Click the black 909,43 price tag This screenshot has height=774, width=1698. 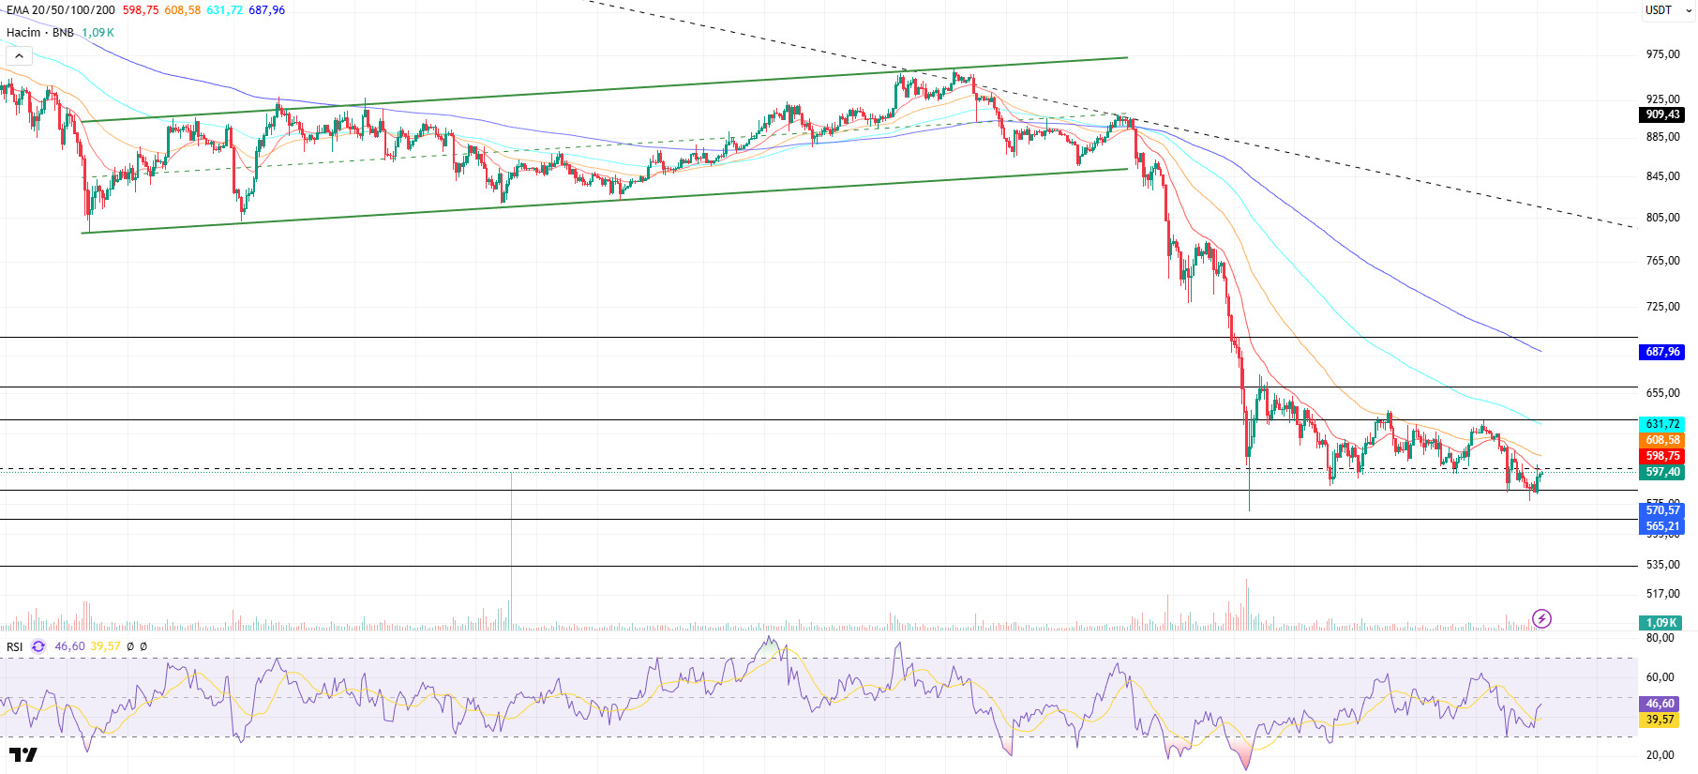(1662, 114)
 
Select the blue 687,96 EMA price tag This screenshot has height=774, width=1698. (1662, 352)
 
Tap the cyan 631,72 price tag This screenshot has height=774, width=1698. (1662, 424)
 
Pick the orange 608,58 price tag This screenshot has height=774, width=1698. (1662, 440)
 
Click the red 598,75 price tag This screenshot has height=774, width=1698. (1662, 456)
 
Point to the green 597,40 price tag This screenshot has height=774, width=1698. (1662, 472)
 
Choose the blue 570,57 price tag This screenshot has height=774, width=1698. (1662, 510)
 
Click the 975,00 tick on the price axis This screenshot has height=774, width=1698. (1662, 54)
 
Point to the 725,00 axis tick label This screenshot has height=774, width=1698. (1662, 307)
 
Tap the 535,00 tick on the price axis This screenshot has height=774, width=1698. (1662, 565)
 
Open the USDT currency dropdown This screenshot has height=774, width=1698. (1668, 10)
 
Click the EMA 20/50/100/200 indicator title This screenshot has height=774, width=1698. (61, 10)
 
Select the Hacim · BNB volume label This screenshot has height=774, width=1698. (40, 33)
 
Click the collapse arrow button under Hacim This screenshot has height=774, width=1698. (19, 56)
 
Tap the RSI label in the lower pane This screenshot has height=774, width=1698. (15, 646)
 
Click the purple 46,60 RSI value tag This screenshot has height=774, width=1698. (1660, 704)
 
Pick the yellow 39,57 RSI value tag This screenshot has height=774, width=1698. (1660, 720)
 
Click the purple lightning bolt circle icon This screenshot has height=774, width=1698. (1541, 618)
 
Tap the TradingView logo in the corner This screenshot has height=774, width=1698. (23, 754)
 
